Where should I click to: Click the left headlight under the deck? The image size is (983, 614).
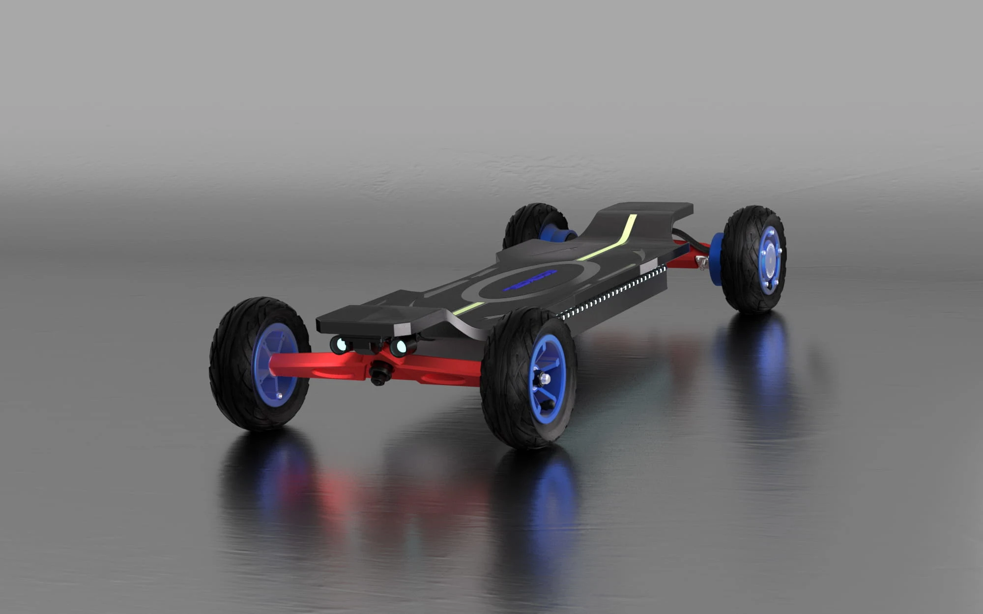(x=339, y=345)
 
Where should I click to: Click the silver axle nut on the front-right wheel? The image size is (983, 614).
(x=544, y=379)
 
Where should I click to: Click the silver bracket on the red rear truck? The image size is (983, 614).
(x=702, y=262)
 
